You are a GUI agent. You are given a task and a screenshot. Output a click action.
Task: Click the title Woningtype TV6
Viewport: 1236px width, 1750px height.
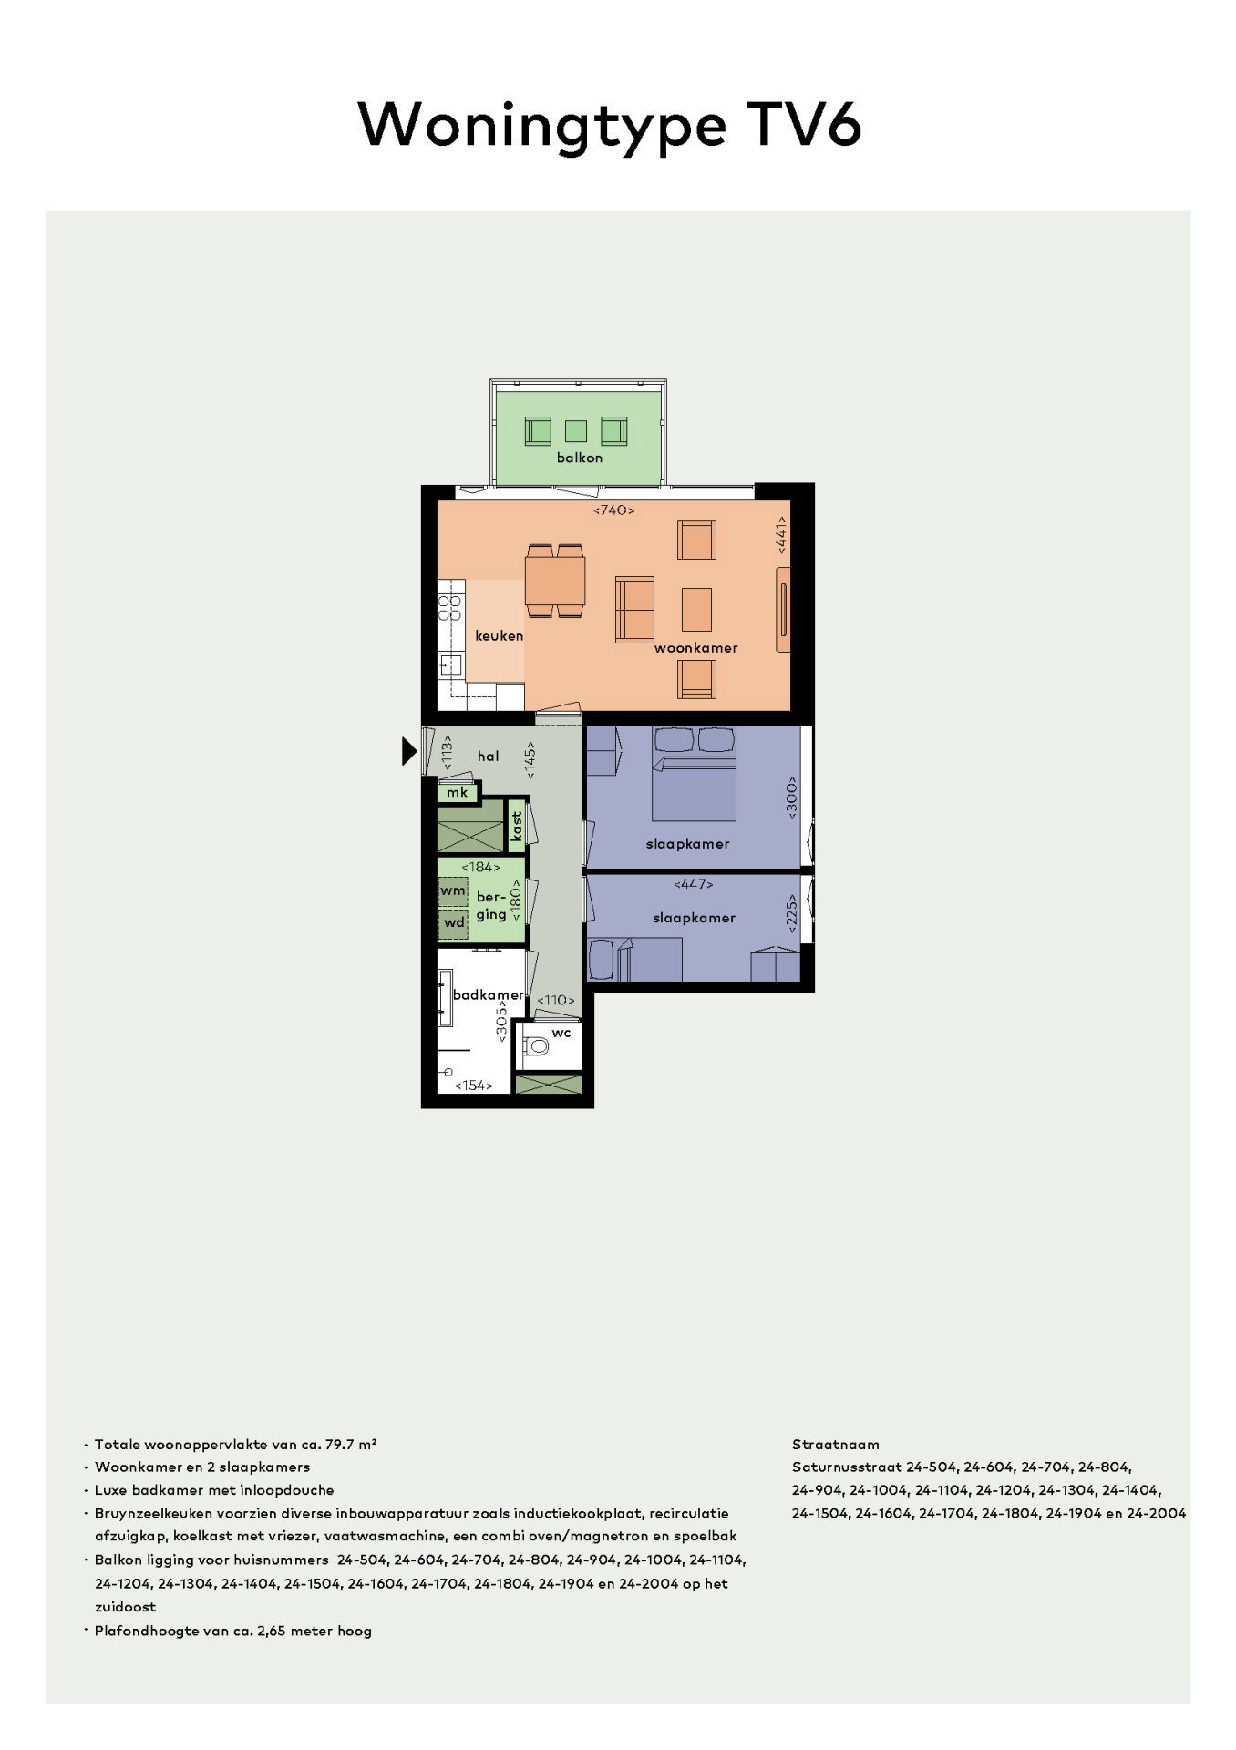[610, 125]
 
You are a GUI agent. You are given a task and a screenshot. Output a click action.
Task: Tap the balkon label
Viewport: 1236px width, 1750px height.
[580, 458]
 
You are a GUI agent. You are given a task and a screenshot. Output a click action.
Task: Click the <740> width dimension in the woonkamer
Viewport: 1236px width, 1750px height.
[613, 510]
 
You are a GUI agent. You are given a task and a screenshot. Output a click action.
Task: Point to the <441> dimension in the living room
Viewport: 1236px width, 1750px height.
[781, 534]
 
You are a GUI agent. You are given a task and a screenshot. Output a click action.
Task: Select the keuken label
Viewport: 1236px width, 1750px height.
[499, 636]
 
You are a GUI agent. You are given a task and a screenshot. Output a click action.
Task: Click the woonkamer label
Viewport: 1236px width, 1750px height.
[695, 648]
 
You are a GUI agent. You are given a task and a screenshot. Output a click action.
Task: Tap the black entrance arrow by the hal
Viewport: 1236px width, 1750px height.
[409, 750]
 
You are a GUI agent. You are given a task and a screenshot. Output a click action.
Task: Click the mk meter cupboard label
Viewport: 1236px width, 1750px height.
[457, 793]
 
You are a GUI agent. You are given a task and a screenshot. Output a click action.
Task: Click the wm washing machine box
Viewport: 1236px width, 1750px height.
[453, 890]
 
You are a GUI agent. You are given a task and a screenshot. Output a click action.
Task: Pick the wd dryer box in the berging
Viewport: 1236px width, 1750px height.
[453, 922]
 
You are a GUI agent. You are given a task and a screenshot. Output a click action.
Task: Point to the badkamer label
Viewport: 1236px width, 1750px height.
[488, 995]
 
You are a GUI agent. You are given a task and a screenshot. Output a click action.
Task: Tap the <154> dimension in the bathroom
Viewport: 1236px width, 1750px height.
[473, 1086]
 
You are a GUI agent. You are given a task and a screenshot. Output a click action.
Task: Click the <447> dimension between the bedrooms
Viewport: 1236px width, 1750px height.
[695, 884]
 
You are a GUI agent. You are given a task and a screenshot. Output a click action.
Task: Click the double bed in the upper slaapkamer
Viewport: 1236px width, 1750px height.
[694, 787]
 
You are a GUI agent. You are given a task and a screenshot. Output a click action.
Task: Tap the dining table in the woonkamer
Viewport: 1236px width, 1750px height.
[555, 580]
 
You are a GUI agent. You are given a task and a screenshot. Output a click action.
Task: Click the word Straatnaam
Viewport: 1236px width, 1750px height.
[835, 1445]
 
